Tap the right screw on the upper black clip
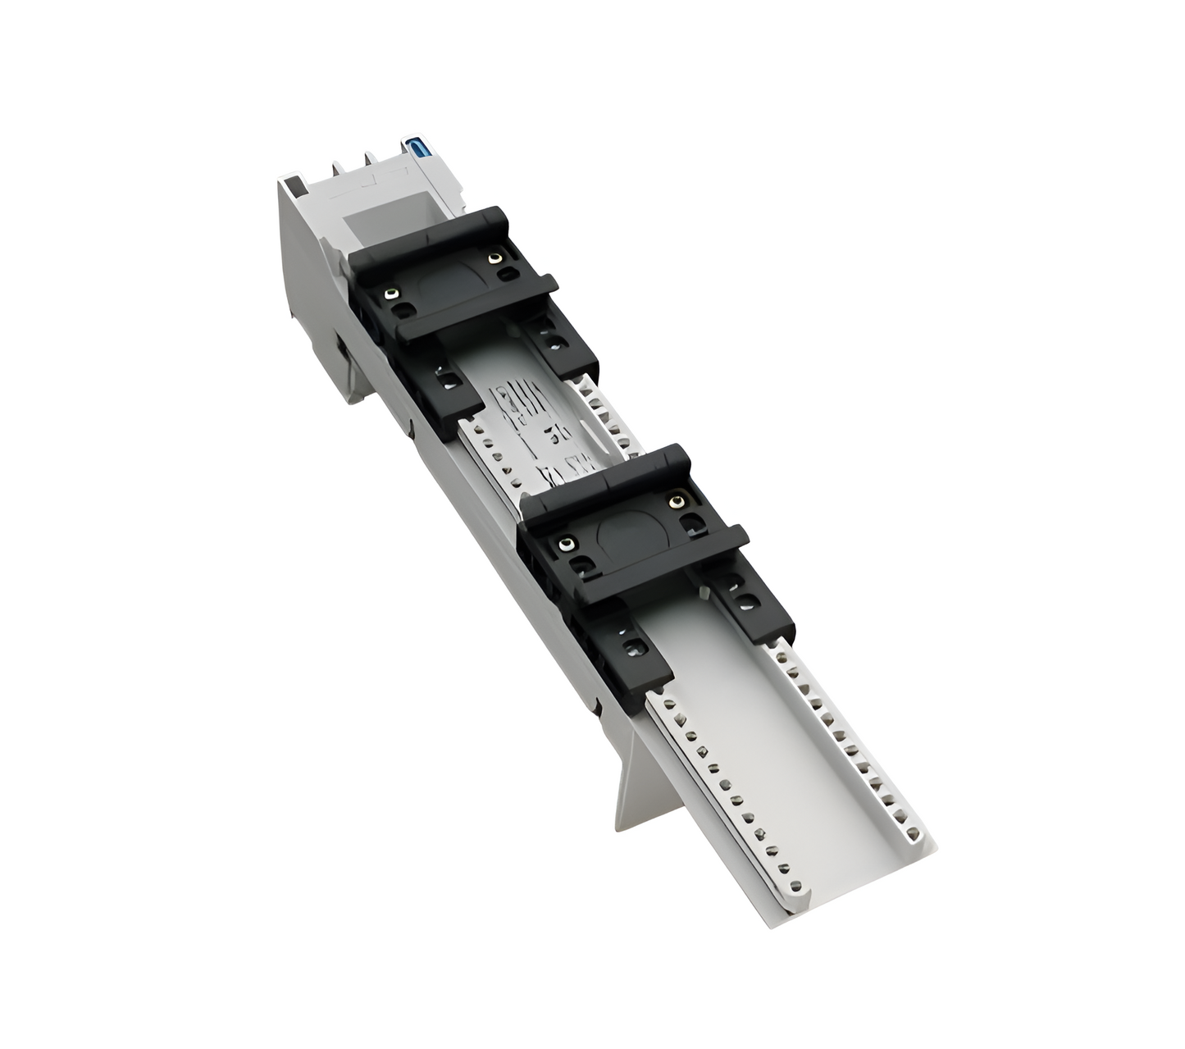coord(494,258)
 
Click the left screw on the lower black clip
coord(565,544)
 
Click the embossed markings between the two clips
coord(525,426)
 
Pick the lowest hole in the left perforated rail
coord(793,885)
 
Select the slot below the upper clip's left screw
coord(402,312)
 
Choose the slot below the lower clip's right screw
coord(693,522)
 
